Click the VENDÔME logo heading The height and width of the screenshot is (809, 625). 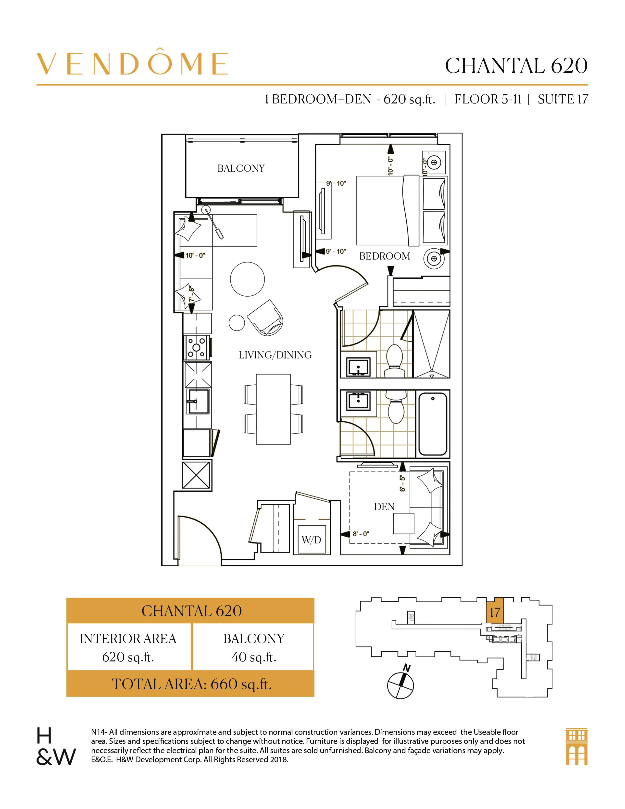pos(132,64)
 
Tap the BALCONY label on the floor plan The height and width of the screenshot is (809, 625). pos(241,169)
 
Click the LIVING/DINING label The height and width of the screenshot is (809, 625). pos(275,355)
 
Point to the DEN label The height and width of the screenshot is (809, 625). pos(384,507)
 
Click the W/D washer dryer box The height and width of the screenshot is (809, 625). pos(311,540)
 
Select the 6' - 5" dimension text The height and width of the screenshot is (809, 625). pos(403,483)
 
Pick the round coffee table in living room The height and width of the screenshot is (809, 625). pos(247,279)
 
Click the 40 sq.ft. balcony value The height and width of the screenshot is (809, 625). pos(254,657)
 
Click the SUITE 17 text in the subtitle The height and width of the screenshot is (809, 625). pos(562,99)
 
